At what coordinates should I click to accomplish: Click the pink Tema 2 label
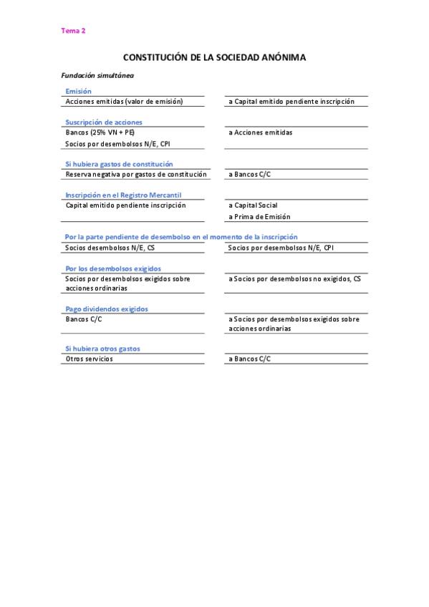73,31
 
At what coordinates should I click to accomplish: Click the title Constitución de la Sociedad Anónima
215,57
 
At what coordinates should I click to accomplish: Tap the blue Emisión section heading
78,92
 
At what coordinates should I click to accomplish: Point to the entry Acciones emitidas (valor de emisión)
124,102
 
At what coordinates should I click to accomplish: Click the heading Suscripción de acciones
104,122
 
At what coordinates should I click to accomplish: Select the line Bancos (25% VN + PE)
100,132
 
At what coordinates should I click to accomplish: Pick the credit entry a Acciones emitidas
260,132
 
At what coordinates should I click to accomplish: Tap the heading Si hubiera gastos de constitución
119,164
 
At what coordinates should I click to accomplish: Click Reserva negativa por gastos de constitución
136,174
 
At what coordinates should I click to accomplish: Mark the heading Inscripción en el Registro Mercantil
123,195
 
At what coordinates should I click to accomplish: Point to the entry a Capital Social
253,205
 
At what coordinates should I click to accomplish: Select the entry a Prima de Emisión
259,217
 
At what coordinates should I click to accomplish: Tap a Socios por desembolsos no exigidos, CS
294,278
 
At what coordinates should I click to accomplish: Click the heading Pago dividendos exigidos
107,309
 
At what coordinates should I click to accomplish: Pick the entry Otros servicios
89,359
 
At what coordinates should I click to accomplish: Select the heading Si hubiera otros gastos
102,349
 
